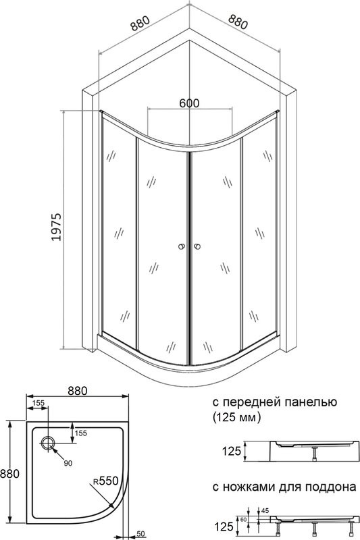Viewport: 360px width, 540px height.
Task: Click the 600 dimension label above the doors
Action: [189, 103]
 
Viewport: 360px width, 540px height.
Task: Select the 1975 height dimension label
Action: [57, 227]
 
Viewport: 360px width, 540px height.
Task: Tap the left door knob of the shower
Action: [182, 246]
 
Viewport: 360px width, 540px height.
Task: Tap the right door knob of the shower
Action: [197, 246]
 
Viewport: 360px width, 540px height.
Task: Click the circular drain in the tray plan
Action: [47, 443]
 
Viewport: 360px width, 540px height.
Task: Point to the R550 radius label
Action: [106, 481]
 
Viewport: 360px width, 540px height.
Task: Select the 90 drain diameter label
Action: [68, 463]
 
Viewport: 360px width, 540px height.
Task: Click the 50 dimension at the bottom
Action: [140, 534]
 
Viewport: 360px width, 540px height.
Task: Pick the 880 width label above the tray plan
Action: [78, 391]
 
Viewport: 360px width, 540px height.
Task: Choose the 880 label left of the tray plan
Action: [9, 474]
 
